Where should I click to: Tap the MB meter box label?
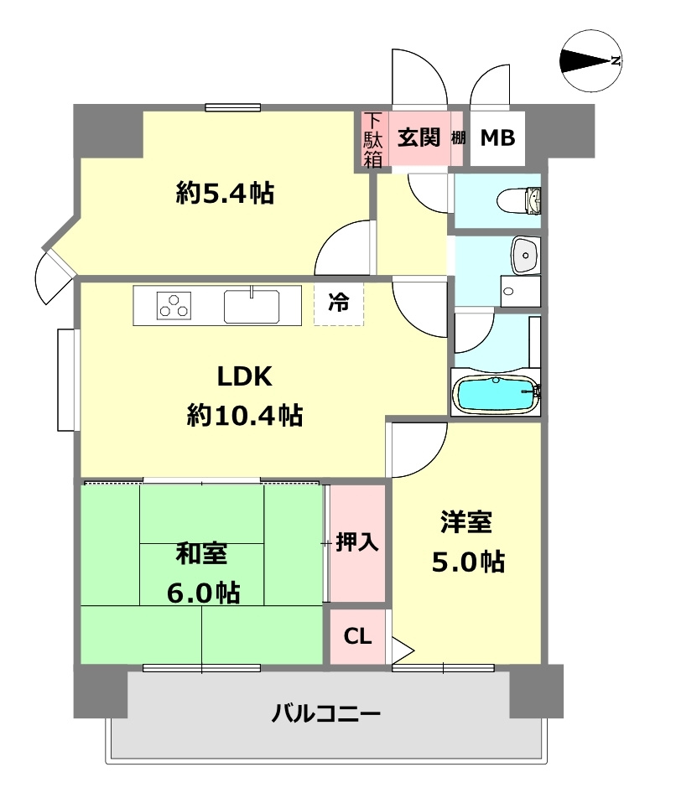click(497, 138)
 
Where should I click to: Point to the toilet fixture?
click(520, 200)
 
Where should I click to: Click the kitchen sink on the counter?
click(252, 304)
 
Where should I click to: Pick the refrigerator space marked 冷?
click(339, 304)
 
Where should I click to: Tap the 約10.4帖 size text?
click(244, 415)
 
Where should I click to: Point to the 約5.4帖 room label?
click(225, 194)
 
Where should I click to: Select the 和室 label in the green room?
click(201, 554)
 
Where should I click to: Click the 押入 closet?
click(357, 542)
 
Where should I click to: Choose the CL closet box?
click(357, 636)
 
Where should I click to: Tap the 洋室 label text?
click(466, 522)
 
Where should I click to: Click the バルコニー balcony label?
click(326, 714)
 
